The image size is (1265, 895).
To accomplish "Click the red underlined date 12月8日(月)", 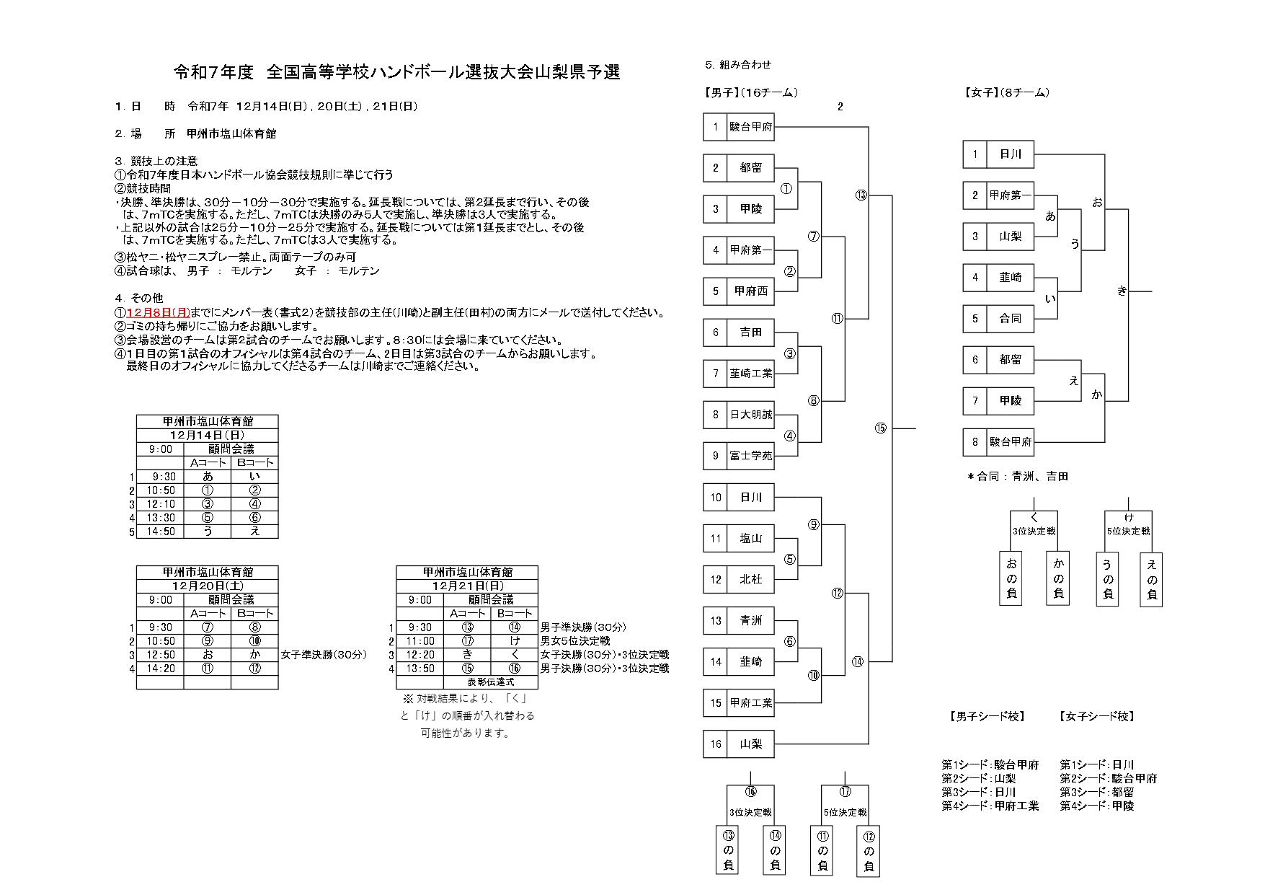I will (x=158, y=313).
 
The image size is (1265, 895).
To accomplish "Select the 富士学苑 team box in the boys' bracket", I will (x=750, y=456).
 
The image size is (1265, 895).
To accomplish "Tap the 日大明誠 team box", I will (x=750, y=415).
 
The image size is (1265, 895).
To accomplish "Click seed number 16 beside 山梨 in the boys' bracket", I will (x=715, y=744).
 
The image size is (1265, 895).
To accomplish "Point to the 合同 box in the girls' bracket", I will (x=1010, y=319).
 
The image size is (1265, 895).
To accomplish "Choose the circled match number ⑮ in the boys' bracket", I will (x=880, y=428).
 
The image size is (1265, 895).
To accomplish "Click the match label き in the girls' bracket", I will (x=1122, y=291).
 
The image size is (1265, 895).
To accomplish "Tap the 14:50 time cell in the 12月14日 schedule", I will (x=161, y=532).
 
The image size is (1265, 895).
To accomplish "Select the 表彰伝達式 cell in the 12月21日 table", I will (x=491, y=682).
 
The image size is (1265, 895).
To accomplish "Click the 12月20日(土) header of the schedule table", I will (x=208, y=586).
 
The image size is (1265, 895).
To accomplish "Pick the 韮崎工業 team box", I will (x=750, y=374).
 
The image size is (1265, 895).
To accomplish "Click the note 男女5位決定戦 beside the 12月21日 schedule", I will (x=575, y=641).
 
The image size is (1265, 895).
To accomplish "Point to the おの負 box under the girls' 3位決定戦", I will (x=1011, y=578).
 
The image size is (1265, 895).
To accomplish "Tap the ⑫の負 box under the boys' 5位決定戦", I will (x=869, y=850).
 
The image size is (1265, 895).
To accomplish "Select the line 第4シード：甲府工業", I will (x=990, y=806).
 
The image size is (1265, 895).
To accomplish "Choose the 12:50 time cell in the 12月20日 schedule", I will (x=161, y=655).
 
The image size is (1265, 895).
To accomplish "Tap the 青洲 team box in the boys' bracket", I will (x=750, y=620).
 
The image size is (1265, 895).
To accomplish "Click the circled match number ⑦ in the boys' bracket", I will (x=814, y=236).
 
